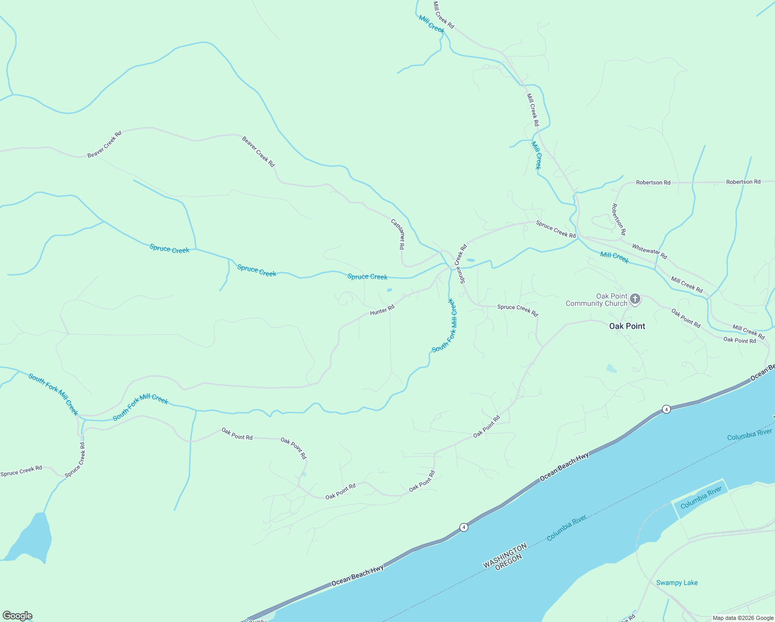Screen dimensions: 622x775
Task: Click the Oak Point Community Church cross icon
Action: [x=635, y=299]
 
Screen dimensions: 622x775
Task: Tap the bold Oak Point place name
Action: [x=627, y=326]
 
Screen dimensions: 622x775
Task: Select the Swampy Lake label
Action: [x=677, y=583]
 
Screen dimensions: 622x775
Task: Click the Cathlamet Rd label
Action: [x=397, y=234]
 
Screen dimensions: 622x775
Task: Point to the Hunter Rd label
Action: [x=382, y=310]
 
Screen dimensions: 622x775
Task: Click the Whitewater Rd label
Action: [x=649, y=252]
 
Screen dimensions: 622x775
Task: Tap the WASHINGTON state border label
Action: [x=505, y=556]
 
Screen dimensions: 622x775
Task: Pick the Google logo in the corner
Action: [x=18, y=616]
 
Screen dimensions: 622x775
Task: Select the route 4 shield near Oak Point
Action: [x=666, y=409]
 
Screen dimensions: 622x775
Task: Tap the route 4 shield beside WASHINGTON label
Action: [x=464, y=527]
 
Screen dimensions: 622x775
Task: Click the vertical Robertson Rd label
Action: [x=618, y=219]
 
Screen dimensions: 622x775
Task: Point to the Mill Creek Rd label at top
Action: [x=443, y=15]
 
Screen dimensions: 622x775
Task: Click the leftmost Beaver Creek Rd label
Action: [x=104, y=144]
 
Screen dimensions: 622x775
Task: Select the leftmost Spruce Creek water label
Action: [x=169, y=249]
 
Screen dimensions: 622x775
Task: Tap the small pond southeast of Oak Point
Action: [x=612, y=369]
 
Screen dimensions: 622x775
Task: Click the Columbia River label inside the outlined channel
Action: [x=701, y=497]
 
